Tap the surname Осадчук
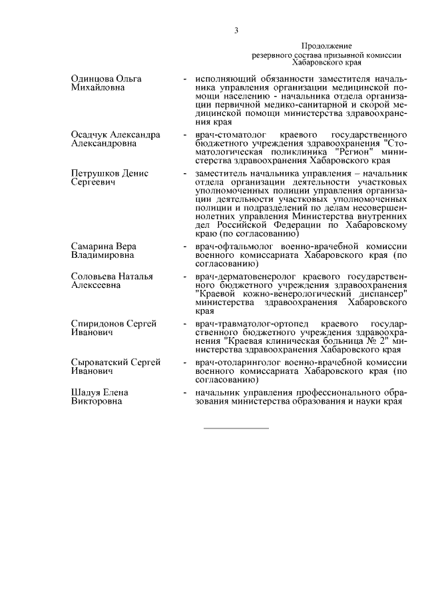point(90,135)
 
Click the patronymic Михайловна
point(99,88)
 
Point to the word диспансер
point(379,295)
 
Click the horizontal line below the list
point(236,427)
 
